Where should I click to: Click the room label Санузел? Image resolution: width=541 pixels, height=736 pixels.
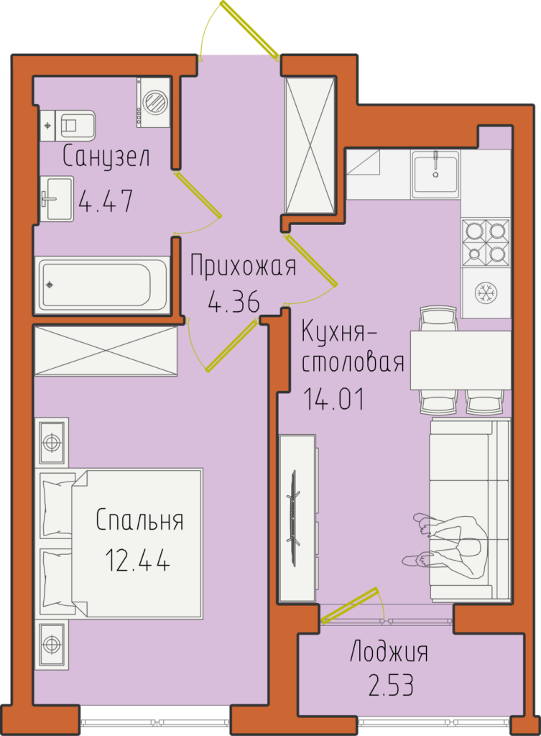coord(106,156)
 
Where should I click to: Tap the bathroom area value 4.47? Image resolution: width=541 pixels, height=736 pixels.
coord(106,201)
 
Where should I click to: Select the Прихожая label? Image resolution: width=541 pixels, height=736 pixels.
coord(243,265)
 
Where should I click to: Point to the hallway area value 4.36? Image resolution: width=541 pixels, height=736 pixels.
coord(233,301)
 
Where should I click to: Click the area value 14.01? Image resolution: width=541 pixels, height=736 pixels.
coord(334,400)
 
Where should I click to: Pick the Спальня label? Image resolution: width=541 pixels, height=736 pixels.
coord(139,520)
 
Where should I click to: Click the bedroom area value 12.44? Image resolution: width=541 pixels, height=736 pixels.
coord(137,560)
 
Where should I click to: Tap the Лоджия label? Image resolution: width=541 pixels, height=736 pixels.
coord(389,652)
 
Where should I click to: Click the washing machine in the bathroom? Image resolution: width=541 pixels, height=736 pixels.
coord(154,102)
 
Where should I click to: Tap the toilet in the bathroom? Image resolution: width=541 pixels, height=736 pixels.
coord(68,126)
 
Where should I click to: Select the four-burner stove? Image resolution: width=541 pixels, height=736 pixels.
coord(486,242)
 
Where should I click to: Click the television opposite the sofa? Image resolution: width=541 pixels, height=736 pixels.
coord(295,518)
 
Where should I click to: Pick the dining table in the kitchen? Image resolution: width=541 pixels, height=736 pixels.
coord(461,360)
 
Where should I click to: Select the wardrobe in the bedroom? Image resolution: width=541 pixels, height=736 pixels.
coord(106,351)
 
